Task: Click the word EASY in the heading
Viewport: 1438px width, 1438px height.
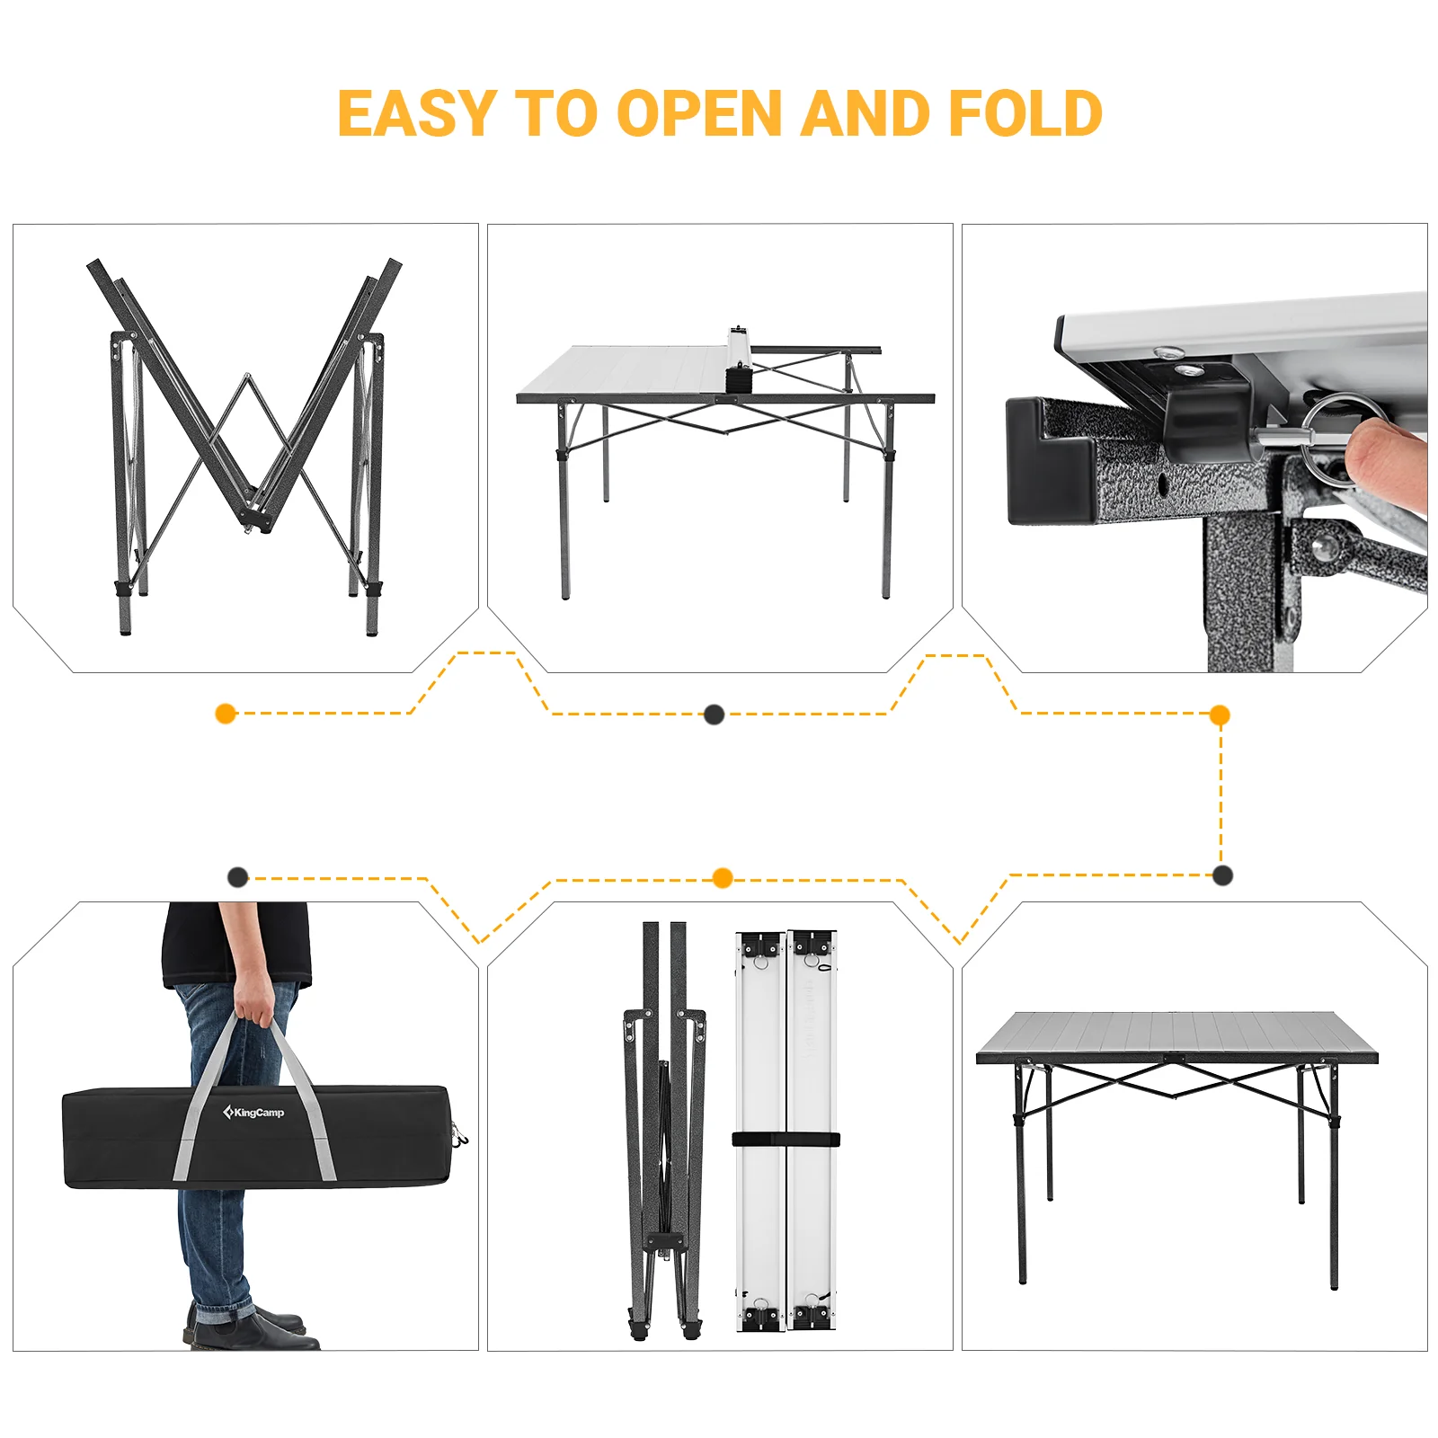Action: click(x=416, y=114)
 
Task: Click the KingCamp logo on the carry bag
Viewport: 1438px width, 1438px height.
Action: click(x=254, y=1113)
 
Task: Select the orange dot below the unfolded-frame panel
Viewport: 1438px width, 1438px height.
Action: click(x=226, y=714)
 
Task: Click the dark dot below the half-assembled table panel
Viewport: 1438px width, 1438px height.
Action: click(x=714, y=715)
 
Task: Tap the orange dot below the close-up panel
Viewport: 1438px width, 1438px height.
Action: click(x=1220, y=715)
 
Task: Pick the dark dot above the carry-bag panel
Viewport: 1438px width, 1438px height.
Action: click(x=237, y=877)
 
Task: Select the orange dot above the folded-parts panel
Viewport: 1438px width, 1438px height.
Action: click(x=722, y=878)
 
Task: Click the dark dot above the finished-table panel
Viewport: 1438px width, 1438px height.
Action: click(x=1222, y=875)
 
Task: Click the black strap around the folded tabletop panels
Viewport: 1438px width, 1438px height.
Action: click(x=786, y=1140)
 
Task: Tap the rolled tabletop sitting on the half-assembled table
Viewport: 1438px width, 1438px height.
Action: click(x=738, y=359)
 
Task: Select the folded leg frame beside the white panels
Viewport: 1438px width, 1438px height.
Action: click(x=664, y=1132)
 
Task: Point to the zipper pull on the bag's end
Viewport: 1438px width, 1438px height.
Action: click(x=459, y=1138)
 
